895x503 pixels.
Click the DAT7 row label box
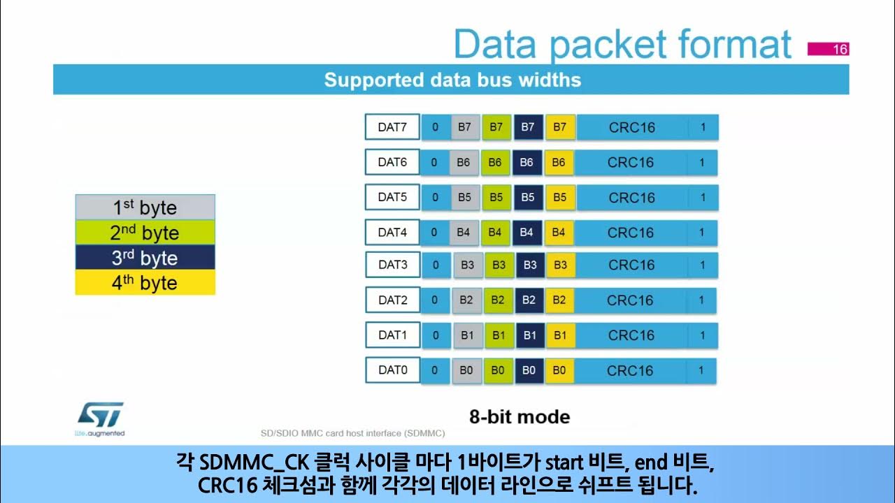pos(392,127)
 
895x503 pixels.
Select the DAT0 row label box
pos(392,370)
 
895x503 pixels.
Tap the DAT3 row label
pos(392,265)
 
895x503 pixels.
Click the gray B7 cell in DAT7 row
pos(464,127)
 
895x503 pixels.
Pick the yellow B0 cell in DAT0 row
pos(559,370)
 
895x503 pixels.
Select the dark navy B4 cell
pos(527,232)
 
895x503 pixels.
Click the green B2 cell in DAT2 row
pos(498,300)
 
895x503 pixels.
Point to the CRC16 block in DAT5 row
pos(632,198)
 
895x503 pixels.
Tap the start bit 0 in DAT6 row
pos(434,162)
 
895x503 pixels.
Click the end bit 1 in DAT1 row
pos(702,335)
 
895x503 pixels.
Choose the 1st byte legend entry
pos(145,207)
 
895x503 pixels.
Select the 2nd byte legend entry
pos(145,233)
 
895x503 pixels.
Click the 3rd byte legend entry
pos(145,258)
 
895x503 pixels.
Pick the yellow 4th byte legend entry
pos(145,283)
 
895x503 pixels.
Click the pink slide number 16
pos(829,49)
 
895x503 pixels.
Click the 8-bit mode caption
pos(520,417)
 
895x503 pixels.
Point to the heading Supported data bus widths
pos(452,80)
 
